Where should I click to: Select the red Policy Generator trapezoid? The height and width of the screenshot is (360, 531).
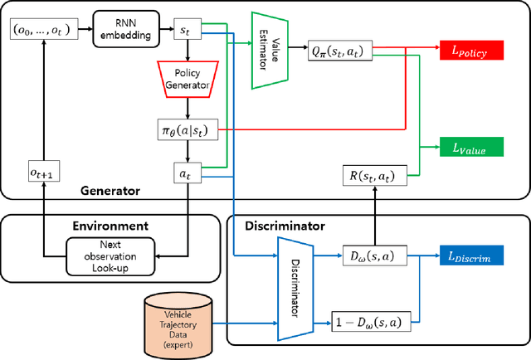187,77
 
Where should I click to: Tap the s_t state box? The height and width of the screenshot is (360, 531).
187,30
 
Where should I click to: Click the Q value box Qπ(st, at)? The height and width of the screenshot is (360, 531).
340,51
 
